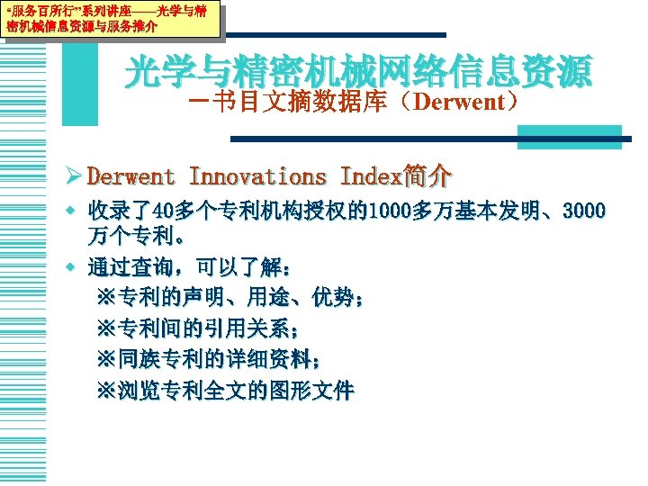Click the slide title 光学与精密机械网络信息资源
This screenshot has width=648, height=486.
358,69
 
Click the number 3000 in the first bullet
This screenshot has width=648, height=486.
584,213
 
